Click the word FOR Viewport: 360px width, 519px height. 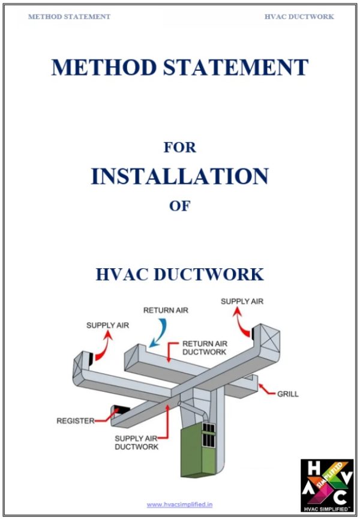tap(180, 146)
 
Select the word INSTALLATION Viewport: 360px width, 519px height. tap(180, 176)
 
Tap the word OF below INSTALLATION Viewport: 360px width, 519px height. tap(180, 206)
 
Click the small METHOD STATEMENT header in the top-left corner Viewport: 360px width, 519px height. tap(69, 17)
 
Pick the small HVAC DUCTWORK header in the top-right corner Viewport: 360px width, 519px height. tap(299, 17)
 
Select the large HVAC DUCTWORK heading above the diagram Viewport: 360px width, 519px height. tap(180, 274)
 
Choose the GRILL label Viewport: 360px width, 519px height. tap(288, 394)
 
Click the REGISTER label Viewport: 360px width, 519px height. tap(75, 421)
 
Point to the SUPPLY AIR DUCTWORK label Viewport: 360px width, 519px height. tap(136, 443)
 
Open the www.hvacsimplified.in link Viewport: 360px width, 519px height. tap(179, 505)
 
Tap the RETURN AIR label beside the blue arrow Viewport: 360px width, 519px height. tap(165, 311)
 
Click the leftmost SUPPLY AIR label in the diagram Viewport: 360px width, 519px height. tap(107, 325)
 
